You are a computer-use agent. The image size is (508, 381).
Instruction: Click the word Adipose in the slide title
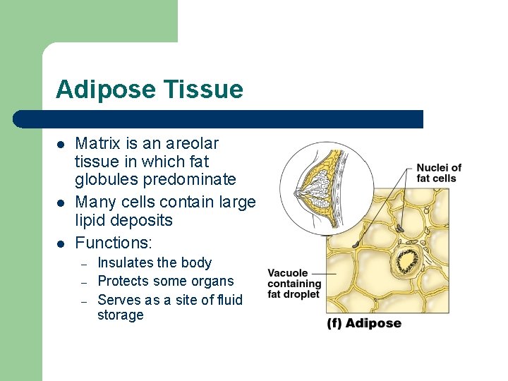click(x=105, y=90)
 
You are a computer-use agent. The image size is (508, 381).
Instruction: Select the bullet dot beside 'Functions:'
click(x=61, y=244)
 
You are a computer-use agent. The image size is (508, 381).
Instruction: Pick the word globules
click(x=107, y=179)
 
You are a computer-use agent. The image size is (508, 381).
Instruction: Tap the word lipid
click(x=92, y=220)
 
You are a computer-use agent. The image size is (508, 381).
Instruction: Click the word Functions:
click(x=114, y=243)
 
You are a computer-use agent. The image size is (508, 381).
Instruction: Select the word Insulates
click(x=125, y=262)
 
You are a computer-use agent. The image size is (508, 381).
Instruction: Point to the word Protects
click(x=123, y=281)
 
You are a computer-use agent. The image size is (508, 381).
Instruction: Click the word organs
click(x=214, y=281)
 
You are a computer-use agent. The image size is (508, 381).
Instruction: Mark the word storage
click(x=120, y=315)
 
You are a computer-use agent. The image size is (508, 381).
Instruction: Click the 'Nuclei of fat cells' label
click(x=439, y=172)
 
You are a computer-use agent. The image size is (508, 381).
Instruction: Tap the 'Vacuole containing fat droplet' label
click(x=294, y=284)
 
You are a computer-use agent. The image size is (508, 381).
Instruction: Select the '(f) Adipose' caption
click(x=363, y=323)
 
